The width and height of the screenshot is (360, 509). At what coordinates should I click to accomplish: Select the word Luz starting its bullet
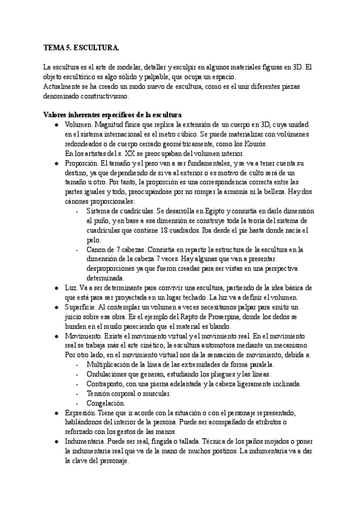pos(70,288)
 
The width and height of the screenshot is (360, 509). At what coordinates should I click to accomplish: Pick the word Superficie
pos(80,307)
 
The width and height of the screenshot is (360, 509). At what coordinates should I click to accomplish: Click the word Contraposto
pos(108,384)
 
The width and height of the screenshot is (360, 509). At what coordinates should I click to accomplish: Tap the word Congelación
pos(106,403)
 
